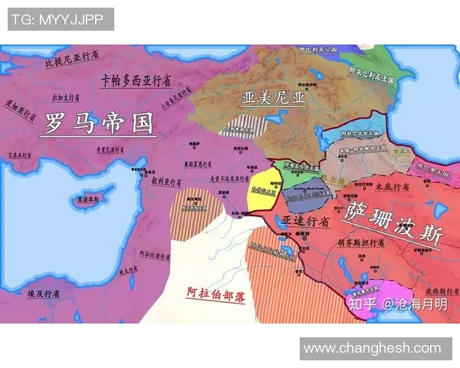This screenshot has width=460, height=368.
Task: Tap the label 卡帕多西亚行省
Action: click(136, 80)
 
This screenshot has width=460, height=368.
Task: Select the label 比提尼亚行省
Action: click(72, 57)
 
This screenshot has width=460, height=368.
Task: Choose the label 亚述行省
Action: click(305, 221)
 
